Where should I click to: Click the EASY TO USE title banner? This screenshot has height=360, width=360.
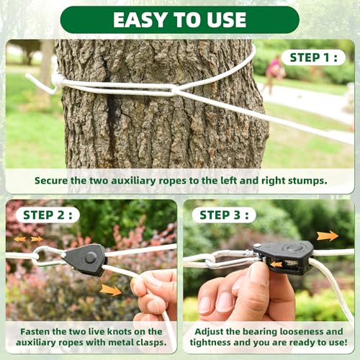(x=180, y=19)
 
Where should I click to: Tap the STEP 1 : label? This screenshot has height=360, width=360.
(x=313, y=58)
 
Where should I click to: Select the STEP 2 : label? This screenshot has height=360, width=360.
(x=48, y=215)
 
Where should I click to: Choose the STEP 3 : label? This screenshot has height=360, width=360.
(x=224, y=215)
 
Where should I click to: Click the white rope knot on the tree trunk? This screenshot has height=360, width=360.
(x=57, y=80)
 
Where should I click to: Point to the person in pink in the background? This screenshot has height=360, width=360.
(x=274, y=73)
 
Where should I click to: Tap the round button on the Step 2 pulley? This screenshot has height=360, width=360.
(x=91, y=258)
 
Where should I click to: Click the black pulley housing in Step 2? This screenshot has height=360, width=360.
(x=84, y=260)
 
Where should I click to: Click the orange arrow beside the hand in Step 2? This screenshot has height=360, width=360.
(x=111, y=289)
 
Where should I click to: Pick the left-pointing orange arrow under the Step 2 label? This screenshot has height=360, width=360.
(x=19, y=239)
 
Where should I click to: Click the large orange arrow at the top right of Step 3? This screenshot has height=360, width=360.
(x=328, y=235)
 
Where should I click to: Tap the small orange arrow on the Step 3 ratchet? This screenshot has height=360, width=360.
(x=276, y=264)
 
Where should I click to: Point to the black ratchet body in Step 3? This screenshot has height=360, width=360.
(x=284, y=257)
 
